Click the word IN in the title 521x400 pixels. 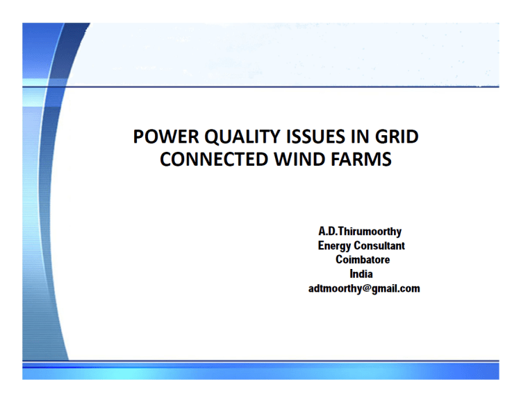pos(356,137)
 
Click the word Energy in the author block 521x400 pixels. pos(335,245)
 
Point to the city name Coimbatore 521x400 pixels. pos(362,260)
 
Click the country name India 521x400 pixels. pos(362,274)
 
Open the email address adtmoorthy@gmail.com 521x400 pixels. pos(363,288)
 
